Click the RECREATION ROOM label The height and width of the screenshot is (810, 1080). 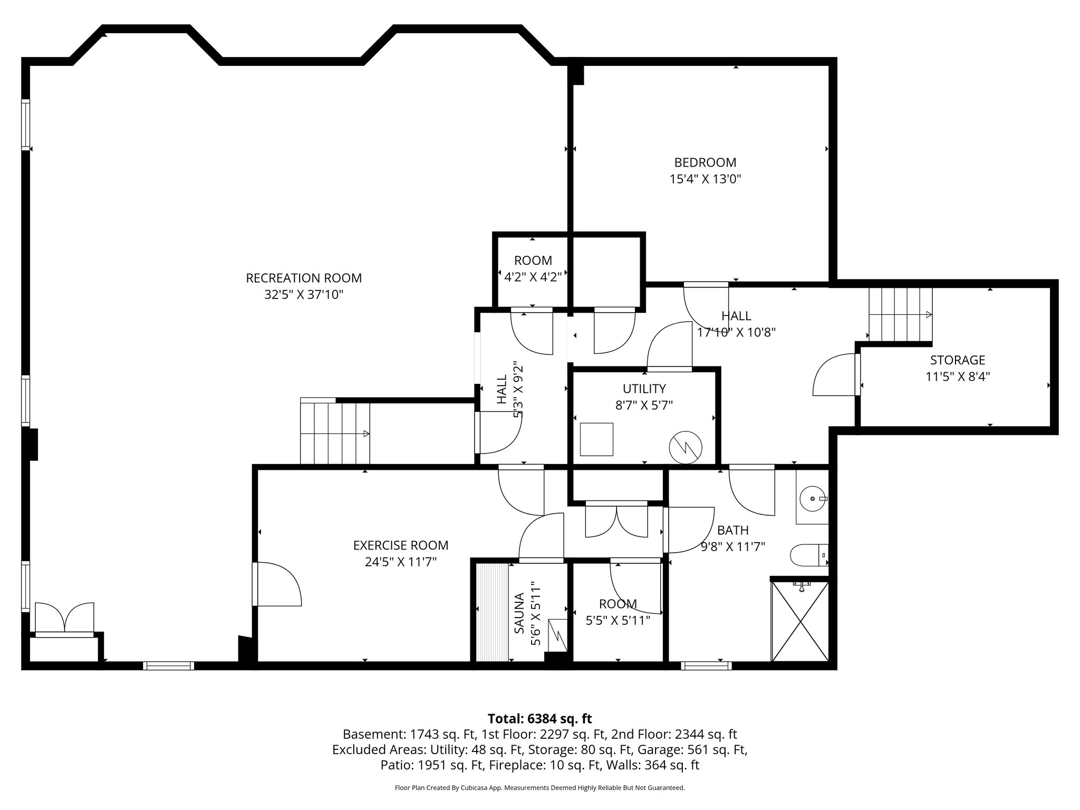304,277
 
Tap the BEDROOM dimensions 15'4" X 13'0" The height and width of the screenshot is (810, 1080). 706,179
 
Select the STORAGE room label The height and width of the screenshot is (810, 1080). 958,360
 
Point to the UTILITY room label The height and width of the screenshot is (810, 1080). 644,389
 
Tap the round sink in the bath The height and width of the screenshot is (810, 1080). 813,498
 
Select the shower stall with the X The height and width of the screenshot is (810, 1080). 800,621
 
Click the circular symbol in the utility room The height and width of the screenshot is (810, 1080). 686,448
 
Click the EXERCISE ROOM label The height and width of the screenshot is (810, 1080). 401,545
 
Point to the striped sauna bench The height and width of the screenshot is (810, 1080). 492,612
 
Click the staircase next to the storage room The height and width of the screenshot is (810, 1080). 900,314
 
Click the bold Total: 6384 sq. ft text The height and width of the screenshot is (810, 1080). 539,718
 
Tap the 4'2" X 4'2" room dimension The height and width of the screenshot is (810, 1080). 533,276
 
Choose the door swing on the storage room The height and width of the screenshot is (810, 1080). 835,374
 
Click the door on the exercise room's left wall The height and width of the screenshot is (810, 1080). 277,584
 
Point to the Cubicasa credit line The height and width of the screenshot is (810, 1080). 539,788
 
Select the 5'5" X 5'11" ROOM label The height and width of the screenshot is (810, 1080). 618,612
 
